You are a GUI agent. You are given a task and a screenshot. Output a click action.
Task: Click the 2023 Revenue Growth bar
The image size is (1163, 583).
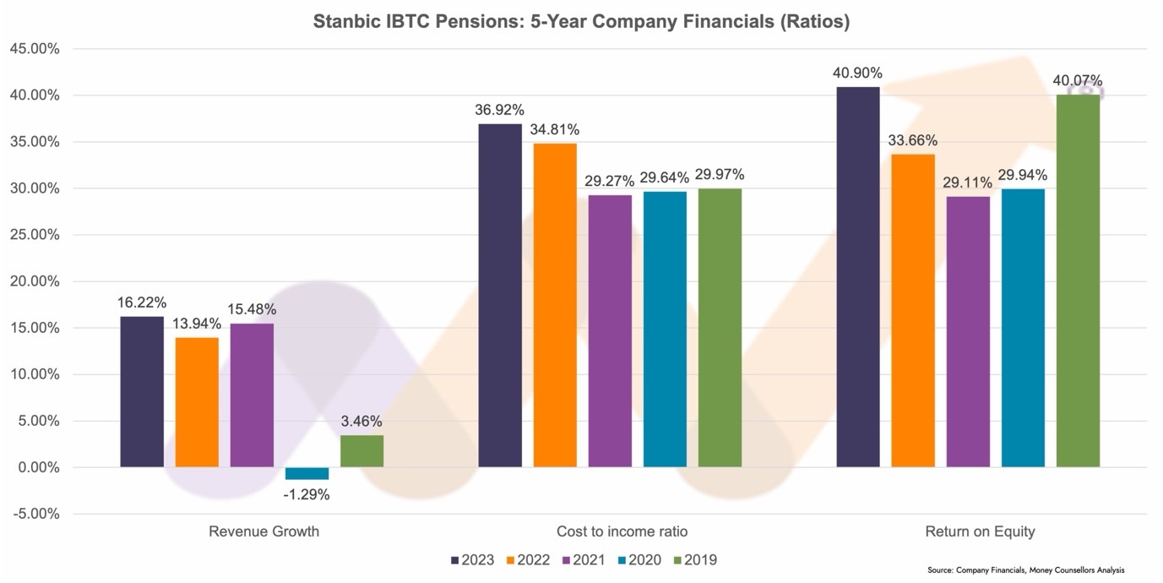point(142,391)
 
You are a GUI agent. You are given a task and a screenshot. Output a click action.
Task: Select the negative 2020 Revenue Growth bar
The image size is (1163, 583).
point(307,473)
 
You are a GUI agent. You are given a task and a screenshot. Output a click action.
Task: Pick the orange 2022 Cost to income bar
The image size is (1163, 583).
point(555,305)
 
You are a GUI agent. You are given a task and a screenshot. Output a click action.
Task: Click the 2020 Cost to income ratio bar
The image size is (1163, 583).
point(665,329)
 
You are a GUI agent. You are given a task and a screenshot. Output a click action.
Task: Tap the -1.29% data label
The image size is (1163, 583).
point(307,494)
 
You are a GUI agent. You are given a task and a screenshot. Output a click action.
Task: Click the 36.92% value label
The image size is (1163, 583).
point(499,110)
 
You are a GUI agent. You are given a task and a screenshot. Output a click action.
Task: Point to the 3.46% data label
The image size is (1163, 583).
point(361,421)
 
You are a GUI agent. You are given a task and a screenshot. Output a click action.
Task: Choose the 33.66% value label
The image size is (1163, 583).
point(913,140)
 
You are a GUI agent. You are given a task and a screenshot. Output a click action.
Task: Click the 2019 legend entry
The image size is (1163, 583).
point(694,559)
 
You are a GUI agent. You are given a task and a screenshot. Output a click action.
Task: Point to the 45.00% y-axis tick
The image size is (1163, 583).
point(34,49)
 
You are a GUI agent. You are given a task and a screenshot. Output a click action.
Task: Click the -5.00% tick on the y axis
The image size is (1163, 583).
point(34,514)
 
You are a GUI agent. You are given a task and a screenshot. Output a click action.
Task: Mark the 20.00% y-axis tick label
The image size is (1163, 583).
point(34,281)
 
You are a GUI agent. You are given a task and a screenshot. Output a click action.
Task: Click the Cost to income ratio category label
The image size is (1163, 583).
point(622,531)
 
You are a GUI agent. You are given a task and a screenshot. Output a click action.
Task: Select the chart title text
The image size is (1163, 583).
point(581,22)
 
